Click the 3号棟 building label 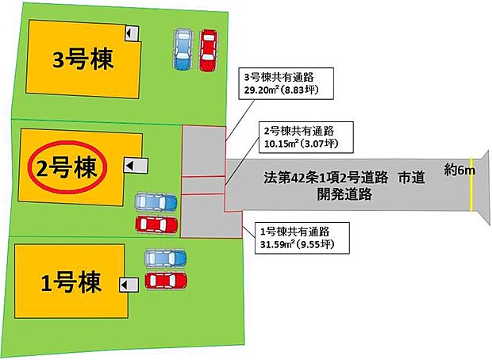(x=83, y=59)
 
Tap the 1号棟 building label (x=71, y=282)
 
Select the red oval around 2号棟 (x=67, y=167)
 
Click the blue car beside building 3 (x=183, y=49)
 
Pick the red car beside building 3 (x=209, y=49)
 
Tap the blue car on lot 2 (x=156, y=202)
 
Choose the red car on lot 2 (x=156, y=224)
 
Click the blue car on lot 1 (x=165, y=259)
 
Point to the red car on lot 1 (x=166, y=281)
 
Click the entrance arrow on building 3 (x=132, y=33)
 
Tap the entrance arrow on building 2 (x=136, y=165)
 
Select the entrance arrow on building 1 (x=129, y=285)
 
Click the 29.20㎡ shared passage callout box (x=286, y=83)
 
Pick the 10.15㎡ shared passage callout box (x=306, y=137)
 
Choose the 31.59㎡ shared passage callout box (x=302, y=238)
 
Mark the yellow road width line (x=471, y=185)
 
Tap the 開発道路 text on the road (x=344, y=193)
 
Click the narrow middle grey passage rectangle (x=204, y=186)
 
